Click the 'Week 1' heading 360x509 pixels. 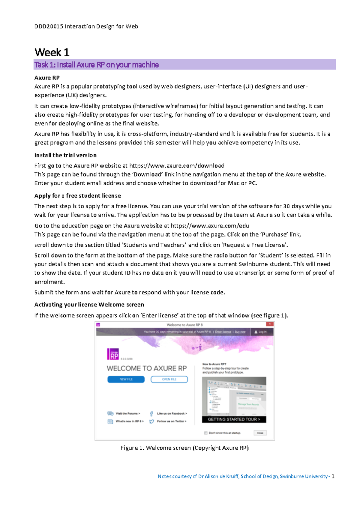(52, 52)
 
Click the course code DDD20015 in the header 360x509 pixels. (49, 26)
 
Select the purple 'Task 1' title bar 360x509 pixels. (184, 65)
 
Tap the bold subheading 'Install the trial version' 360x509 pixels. (65, 155)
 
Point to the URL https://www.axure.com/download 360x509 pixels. (177, 166)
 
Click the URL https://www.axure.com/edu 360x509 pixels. (210, 226)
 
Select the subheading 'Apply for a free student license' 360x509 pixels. (77, 196)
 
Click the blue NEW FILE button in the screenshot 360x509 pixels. (126, 379)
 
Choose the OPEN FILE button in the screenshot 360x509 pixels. (169, 379)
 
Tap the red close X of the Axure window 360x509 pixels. (270, 324)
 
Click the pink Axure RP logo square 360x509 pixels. (113, 354)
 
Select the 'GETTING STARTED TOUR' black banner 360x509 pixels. (234, 419)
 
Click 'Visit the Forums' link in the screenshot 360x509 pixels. (127, 413)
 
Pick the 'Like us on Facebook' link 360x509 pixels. (172, 413)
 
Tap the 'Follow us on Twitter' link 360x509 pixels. (171, 421)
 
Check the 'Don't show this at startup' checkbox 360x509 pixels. (206, 433)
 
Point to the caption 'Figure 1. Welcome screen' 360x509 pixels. (184, 448)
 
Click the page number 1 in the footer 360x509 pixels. (333, 476)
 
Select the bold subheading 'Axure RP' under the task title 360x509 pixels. (47, 78)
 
